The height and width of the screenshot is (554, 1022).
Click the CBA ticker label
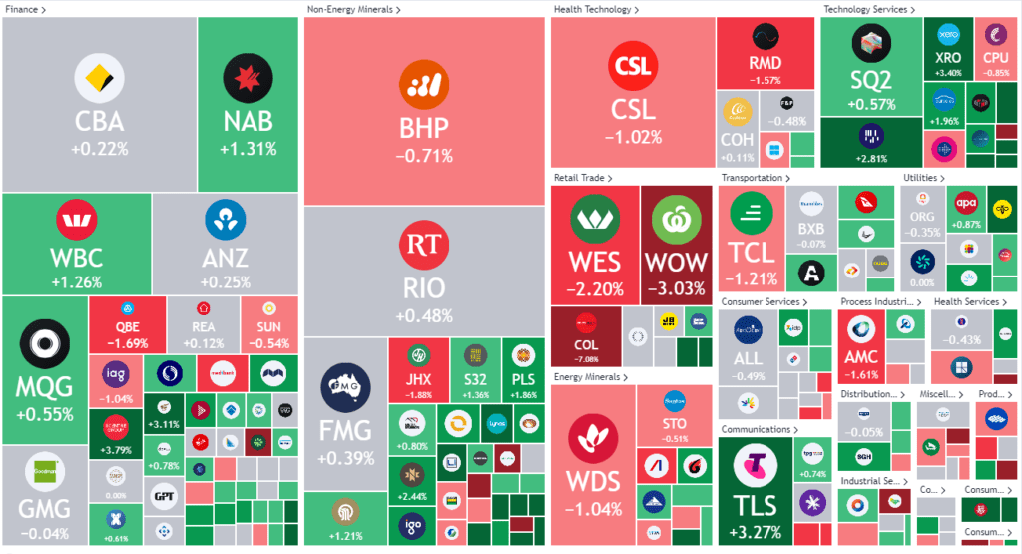[100, 122]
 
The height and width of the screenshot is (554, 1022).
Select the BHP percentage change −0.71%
[424, 156]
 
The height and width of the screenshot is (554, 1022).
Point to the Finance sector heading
[26, 9]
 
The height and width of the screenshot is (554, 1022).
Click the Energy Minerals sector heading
[591, 377]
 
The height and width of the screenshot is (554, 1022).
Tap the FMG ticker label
[345, 431]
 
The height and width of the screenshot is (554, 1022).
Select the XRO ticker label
[948, 58]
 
